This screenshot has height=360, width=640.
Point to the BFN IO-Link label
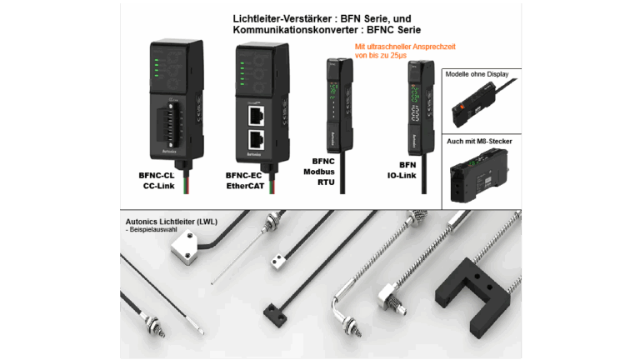[410, 171]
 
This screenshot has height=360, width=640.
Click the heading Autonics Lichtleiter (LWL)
[176, 222]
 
